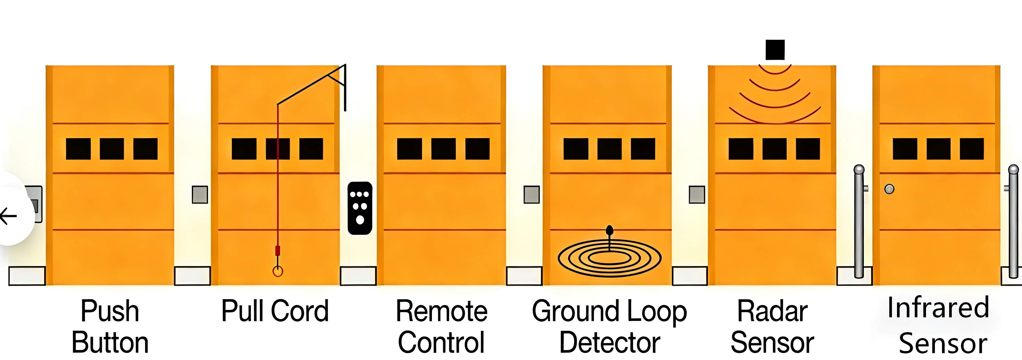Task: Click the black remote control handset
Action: point(360,208)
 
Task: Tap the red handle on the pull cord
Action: point(278,250)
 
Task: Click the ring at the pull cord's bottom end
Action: point(278,271)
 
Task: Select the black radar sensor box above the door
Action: point(775,49)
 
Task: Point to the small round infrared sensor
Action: point(890,189)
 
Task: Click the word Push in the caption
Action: point(110,311)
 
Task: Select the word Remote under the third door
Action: point(442,311)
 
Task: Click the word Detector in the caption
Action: point(610,342)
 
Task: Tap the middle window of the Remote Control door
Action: point(443,149)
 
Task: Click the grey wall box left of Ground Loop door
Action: point(532,194)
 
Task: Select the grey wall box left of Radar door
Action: point(697,194)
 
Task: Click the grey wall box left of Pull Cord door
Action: point(200,194)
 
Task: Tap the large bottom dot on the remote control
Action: point(360,220)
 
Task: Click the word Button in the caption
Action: point(110,342)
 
